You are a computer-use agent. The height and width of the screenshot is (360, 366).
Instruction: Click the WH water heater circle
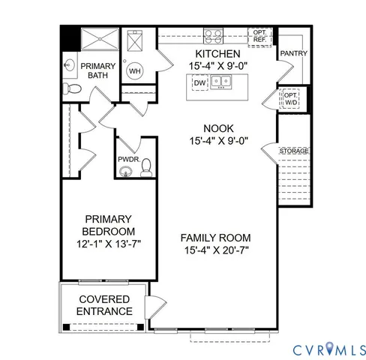(135, 71)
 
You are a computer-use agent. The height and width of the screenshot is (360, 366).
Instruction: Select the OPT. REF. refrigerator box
(259, 35)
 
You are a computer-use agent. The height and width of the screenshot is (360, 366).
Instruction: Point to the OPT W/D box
(290, 98)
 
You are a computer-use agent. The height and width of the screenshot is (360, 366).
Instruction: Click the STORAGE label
(293, 151)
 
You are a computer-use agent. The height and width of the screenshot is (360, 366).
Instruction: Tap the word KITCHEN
(217, 54)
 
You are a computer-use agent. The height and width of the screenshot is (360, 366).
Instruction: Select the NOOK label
(217, 127)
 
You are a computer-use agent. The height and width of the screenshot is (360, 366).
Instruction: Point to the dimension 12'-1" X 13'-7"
(108, 244)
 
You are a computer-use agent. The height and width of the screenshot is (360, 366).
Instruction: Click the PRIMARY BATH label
(98, 71)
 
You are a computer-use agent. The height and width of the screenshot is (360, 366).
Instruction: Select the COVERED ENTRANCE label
(106, 305)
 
